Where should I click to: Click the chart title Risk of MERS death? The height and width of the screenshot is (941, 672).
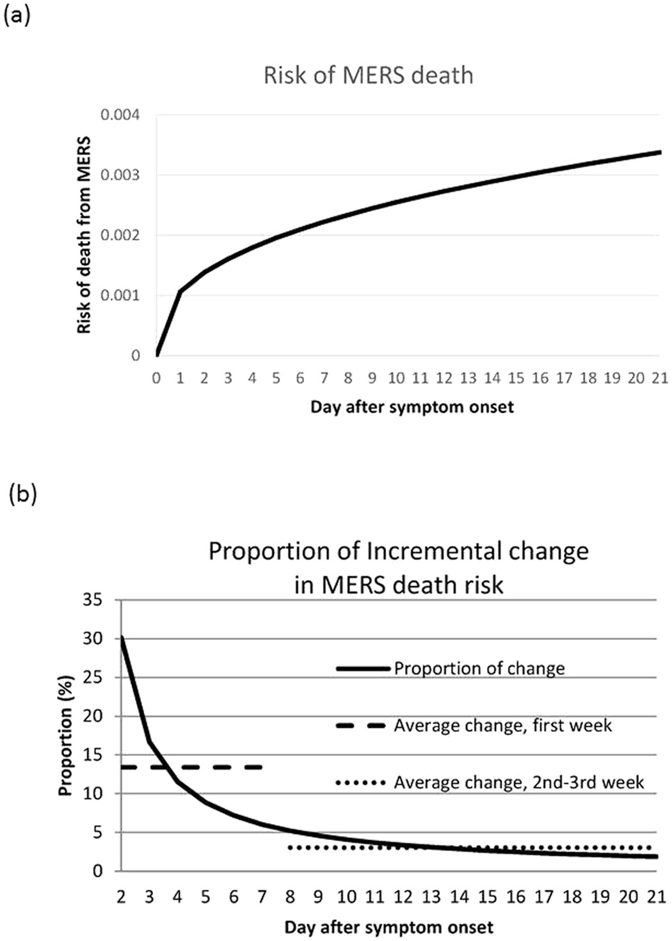click(x=369, y=75)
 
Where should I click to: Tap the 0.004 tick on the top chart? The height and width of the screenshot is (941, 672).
click(x=120, y=115)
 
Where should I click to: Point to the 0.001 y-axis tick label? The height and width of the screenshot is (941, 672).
click(x=120, y=296)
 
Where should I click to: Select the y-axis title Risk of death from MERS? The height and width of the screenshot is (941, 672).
click(x=84, y=235)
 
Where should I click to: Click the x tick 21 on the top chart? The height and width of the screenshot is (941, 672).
click(x=660, y=378)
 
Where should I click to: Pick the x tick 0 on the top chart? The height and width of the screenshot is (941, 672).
click(x=157, y=378)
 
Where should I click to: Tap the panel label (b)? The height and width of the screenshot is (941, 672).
click(x=21, y=494)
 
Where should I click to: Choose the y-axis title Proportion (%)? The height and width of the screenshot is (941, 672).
click(x=65, y=736)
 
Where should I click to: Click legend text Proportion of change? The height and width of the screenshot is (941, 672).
click(x=479, y=668)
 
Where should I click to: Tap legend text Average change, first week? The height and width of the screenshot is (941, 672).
click(x=503, y=725)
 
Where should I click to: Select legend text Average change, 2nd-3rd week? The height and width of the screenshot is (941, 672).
click(x=519, y=782)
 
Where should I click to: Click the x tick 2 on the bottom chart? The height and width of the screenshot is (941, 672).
click(x=121, y=897)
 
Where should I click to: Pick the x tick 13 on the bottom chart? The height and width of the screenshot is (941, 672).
click(x=431, y=897)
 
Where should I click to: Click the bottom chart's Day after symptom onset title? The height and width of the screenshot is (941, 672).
click(x=388, y=928)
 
